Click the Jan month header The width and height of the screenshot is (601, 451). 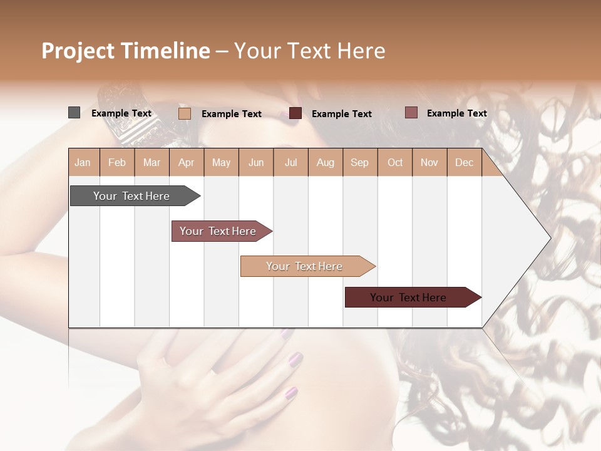coord(83,163)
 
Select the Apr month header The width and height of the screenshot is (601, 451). coord(187,163)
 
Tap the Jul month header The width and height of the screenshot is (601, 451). coord(290,163)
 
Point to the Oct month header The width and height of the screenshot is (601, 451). coord(395,163)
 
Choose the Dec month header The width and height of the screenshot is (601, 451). coord(464,163)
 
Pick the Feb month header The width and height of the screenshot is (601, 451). coord(117,163)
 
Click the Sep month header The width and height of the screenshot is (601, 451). coord(359,163)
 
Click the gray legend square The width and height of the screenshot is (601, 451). coord(74,113)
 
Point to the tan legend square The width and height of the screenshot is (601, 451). coord(184,113)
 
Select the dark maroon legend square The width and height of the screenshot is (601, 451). coord(295,113)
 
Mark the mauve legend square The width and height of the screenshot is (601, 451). coord(411,113)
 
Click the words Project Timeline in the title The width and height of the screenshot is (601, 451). coord(125,51)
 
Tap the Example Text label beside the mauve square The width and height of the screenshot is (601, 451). coord(456,113)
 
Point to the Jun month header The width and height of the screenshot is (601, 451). coord(256,163)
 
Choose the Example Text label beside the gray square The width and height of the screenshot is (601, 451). coord(121,113)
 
